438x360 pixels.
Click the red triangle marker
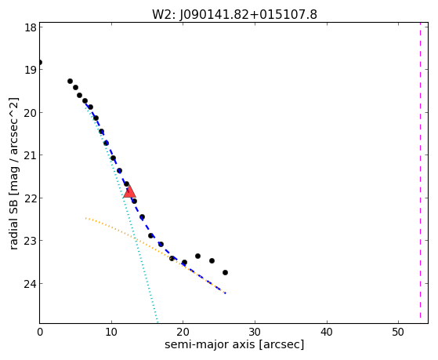click(129, 191)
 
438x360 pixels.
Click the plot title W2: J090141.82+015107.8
click(234, 14)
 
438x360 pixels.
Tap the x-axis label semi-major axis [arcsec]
click(234, 344)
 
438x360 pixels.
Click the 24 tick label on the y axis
click(31, 284)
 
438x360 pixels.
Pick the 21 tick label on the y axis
click(31, 155)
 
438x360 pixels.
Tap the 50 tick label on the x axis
click(398, 332)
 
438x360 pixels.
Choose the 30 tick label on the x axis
click(255, 332)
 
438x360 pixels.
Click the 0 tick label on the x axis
click(40, 332)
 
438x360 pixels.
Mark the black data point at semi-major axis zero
click(40, 62)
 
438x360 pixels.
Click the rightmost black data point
click(225, 272)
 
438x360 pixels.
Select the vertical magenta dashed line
click(420, 173)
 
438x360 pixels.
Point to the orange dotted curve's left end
click(85, 218)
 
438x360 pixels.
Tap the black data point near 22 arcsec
click(197, 256)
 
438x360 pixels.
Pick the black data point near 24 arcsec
click(212, 260)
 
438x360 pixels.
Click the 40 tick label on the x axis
click(327, 332)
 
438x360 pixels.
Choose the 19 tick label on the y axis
click(31, 70)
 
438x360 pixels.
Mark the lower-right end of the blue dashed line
click(226, 293)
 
